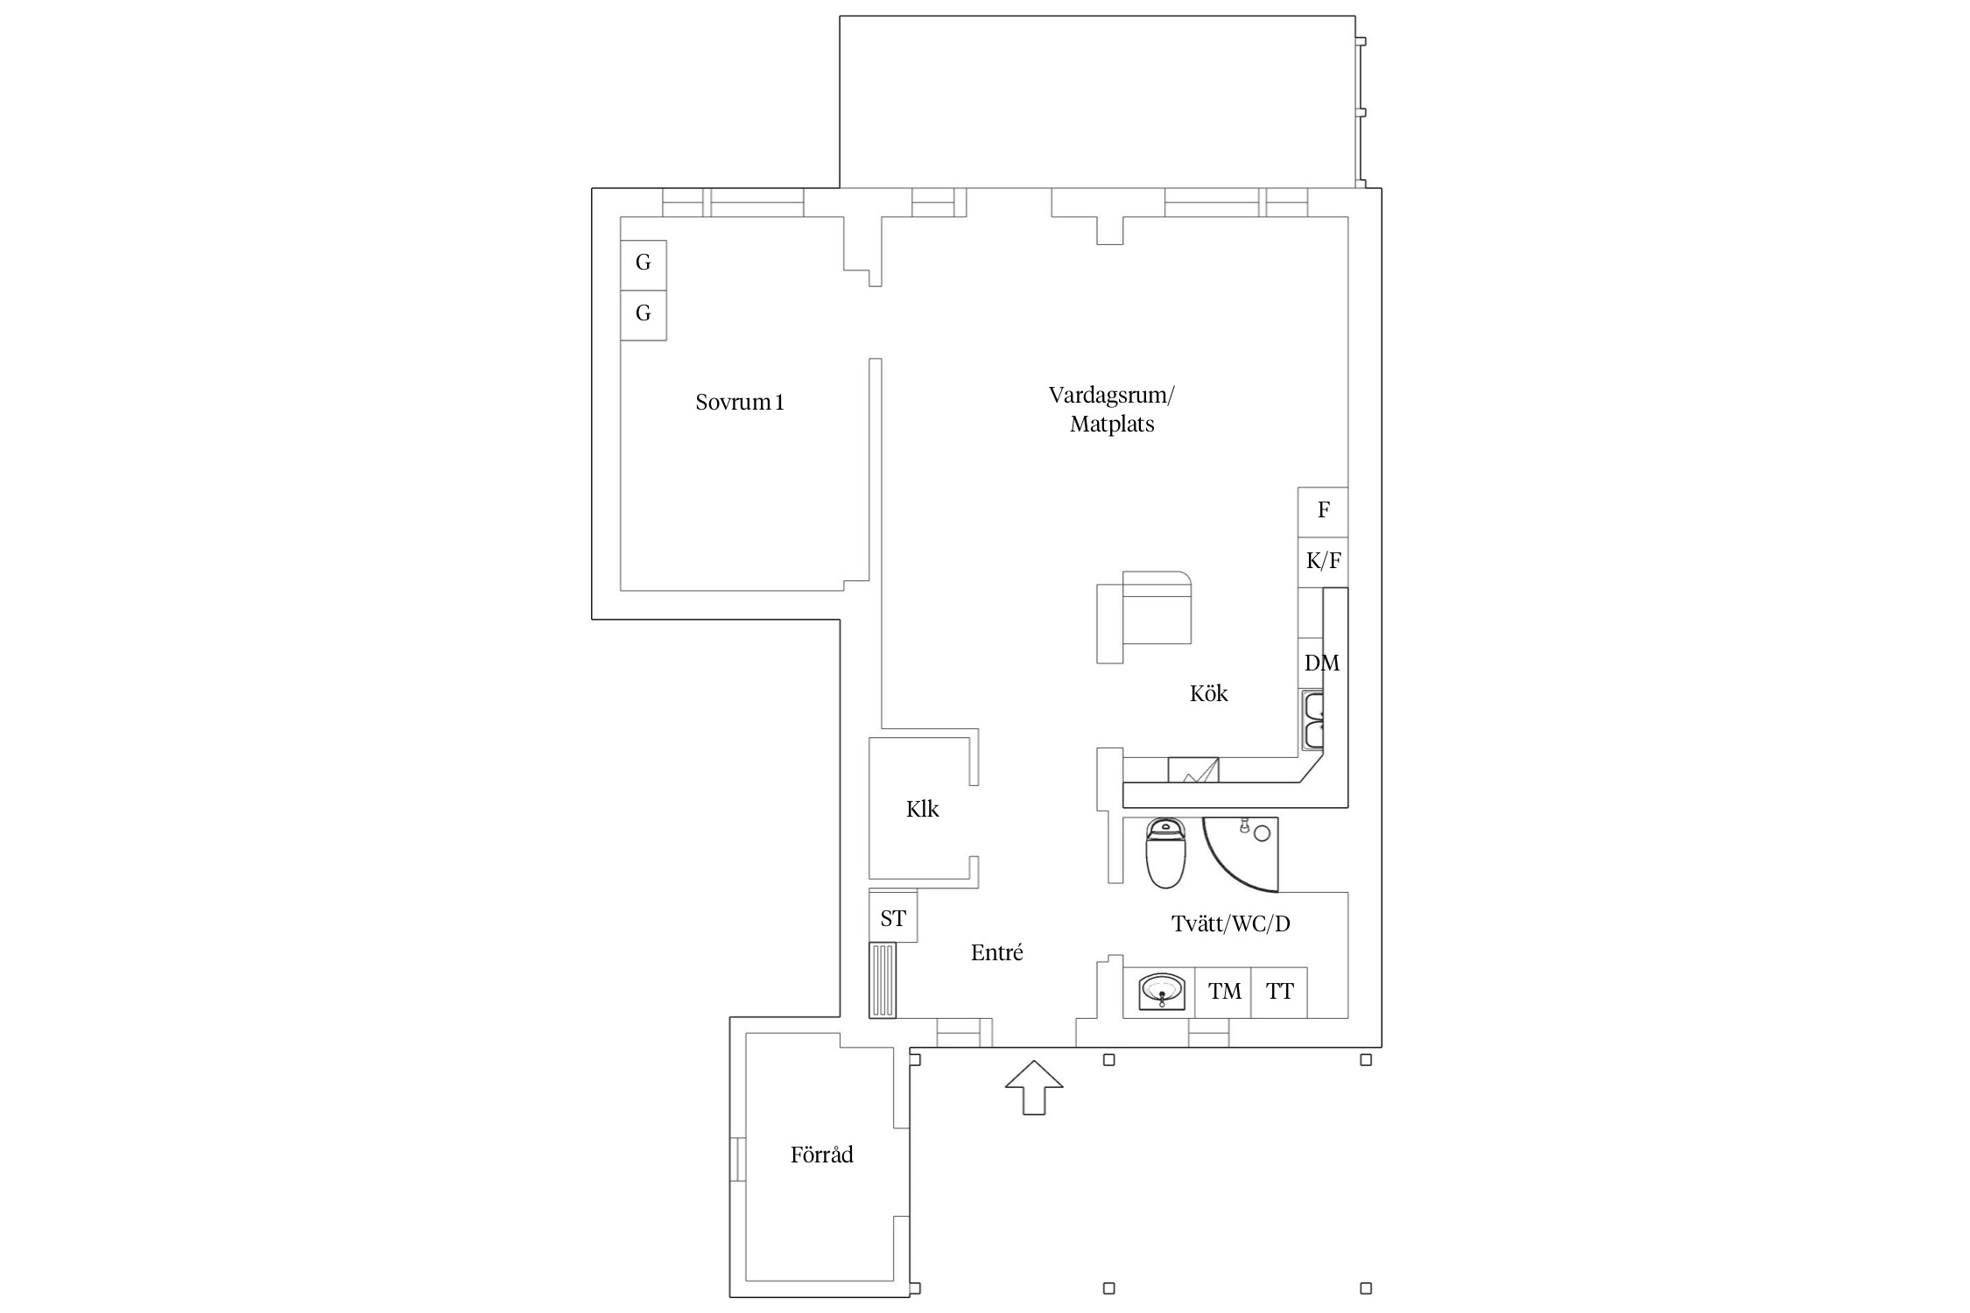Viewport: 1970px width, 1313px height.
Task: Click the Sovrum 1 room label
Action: tap(740, 402)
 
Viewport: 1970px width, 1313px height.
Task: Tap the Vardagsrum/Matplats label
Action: tap(1112, 409)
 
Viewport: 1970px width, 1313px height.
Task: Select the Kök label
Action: tap(1208, 693)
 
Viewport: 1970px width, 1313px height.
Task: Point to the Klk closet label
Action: tap(922, 809)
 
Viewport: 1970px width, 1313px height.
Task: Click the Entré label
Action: tap(996, 952)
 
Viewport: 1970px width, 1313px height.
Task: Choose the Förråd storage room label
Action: tap(821, 1154)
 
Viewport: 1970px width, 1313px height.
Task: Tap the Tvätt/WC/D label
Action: tap(1230, 923)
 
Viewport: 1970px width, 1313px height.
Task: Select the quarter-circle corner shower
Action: tap(1241, 853)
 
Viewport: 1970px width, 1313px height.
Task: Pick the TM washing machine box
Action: tap(1223, 993)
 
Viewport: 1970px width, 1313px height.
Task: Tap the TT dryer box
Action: tap(1279, 993)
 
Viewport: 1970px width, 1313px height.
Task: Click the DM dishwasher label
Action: tap(1321, 663)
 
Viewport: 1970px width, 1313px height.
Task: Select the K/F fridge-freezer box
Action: tap(1322, 562)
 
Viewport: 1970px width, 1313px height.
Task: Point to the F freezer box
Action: tap(1322, 512)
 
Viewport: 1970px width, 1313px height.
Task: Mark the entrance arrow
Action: tap(1034, 1087)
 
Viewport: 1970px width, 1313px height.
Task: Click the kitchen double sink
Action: tap(1312, 720)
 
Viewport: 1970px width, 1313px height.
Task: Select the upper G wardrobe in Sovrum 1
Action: tap(644, 265)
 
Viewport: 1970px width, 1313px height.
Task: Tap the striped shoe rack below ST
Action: tap(883, 980)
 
